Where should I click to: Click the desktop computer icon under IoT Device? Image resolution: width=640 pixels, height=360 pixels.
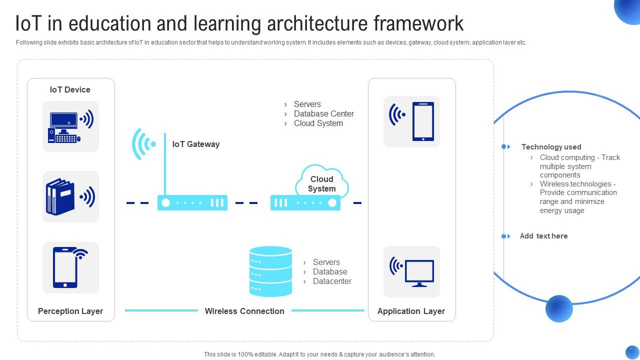pyautogui.click(x=70, y=127)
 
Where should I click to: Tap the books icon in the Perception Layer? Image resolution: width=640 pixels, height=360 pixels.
pyautogui.click(x=70, y=197)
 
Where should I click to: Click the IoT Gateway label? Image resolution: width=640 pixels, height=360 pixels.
pyautogui.click(x=195, y=144)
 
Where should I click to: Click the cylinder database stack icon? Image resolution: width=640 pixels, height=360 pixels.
pyautogui.click(x=270, y=271)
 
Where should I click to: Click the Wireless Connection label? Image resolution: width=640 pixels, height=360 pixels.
pyautogui.click(x=244, y=311)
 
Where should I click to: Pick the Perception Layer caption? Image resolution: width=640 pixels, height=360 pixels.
pyautogui.click(x=70, y=311)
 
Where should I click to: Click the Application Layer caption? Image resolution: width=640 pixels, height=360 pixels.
pyautogui.click(x=411, y=311)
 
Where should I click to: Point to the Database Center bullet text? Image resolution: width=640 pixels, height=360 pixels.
pyautogui.click(x=323, y=113)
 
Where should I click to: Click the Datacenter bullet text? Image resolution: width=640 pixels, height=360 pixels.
pyautogui.click(x=332, y=281)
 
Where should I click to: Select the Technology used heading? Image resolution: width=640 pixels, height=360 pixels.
pyautogui.click(x=551, y=147)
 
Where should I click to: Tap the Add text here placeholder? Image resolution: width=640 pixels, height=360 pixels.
pyautogui.click(x=543, y=236)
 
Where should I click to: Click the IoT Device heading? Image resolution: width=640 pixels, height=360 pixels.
pyautogui.click(x=70, y=89)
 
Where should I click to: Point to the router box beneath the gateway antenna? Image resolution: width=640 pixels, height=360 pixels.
pyautogui.click(x=192, y=202)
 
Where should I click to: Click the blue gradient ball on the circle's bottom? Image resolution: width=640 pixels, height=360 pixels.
pyautogui.click(x=559, y=308)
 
